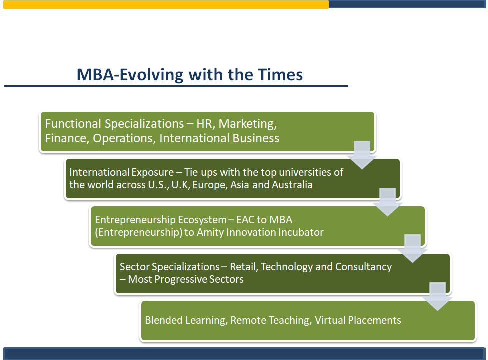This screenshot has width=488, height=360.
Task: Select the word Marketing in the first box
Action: tap(247, 124)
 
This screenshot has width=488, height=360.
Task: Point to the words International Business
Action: tap(219, 138)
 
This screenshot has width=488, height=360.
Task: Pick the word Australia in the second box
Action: tap(292, 185)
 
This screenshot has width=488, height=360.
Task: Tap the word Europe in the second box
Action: tap(210, 185)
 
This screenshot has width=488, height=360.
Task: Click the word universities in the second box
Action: tap(306, 172)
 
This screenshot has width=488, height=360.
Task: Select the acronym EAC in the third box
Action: tap(245, 220)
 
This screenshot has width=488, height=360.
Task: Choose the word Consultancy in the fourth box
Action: tap(363, 267)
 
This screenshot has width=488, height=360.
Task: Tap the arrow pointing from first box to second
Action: tap(362, 155)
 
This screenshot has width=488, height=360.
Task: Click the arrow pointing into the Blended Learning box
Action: tap(437, 297)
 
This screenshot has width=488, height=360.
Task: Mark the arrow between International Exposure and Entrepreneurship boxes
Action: tap(387, 202)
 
